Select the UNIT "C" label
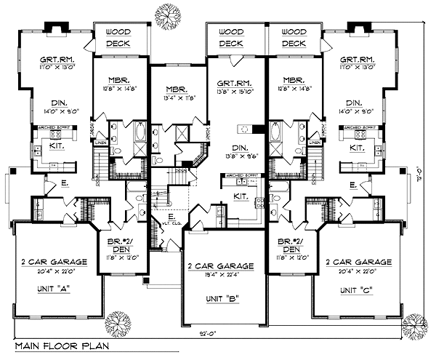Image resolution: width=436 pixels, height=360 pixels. pyautogui.click(x=358, y=289)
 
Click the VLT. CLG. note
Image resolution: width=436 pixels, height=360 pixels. pyautogui.click(x=172, y=223)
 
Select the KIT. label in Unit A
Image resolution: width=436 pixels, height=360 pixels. pyautogui.click(x=60, y=148)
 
